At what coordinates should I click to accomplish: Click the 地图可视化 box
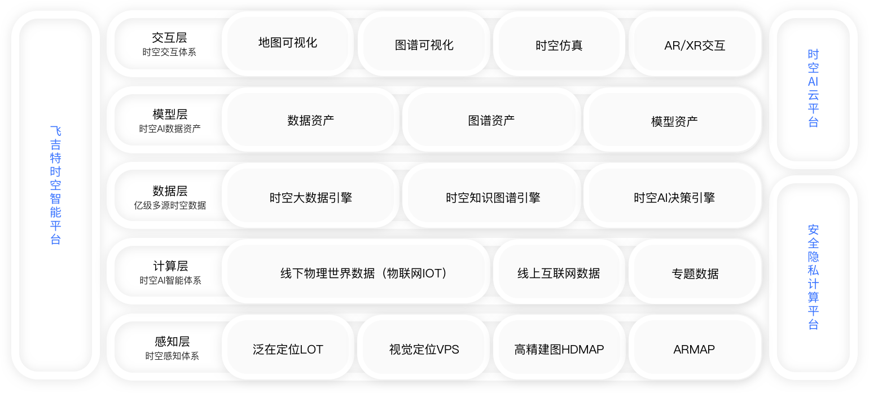pyautogui.click(x=288, y=43)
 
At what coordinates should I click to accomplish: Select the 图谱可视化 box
pyautogui.click(x=424, y=45)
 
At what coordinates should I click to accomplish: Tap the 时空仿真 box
pyautogui.click(x=559, y=45)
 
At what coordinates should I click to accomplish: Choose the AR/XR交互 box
pyautogui.click(x=695, y=45)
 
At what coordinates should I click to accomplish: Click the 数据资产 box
pyautogui.click(x=310, y=120)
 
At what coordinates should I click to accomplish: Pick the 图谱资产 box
pyautogui.click(x=491, y=120)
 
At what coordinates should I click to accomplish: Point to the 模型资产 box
pyautogui.click(x=674, y=121)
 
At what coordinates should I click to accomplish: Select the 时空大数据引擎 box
pyautogui.click(x=310, y=197)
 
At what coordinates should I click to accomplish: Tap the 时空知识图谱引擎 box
pyautogui.click(x=493, y=197)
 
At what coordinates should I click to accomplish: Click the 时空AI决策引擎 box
pyautogui.click(x=674, y=197)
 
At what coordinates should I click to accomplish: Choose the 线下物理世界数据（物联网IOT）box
pyautogui.click(x=356, y=273)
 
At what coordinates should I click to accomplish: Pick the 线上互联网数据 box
pyautogui.click(x=559, y=273)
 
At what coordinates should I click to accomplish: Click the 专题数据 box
pyautogui.click(x=695, y=273)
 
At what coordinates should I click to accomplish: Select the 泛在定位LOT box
pyautogui.click(x=288, y=350)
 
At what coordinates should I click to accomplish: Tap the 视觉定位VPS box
pyautogui.click(x=424, y=350)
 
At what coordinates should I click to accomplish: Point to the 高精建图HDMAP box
pyautogui.click(x=559, y=350)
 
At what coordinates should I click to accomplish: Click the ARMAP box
pyautogui.click(x=694, y=350)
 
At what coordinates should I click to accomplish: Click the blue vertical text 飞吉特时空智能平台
pyautogui.click(x=55, y=184)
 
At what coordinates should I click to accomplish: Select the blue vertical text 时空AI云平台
pyautogui.click(x=813, y=89)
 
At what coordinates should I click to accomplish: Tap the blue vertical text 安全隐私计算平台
pyautogui.click(x=813, y=276)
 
